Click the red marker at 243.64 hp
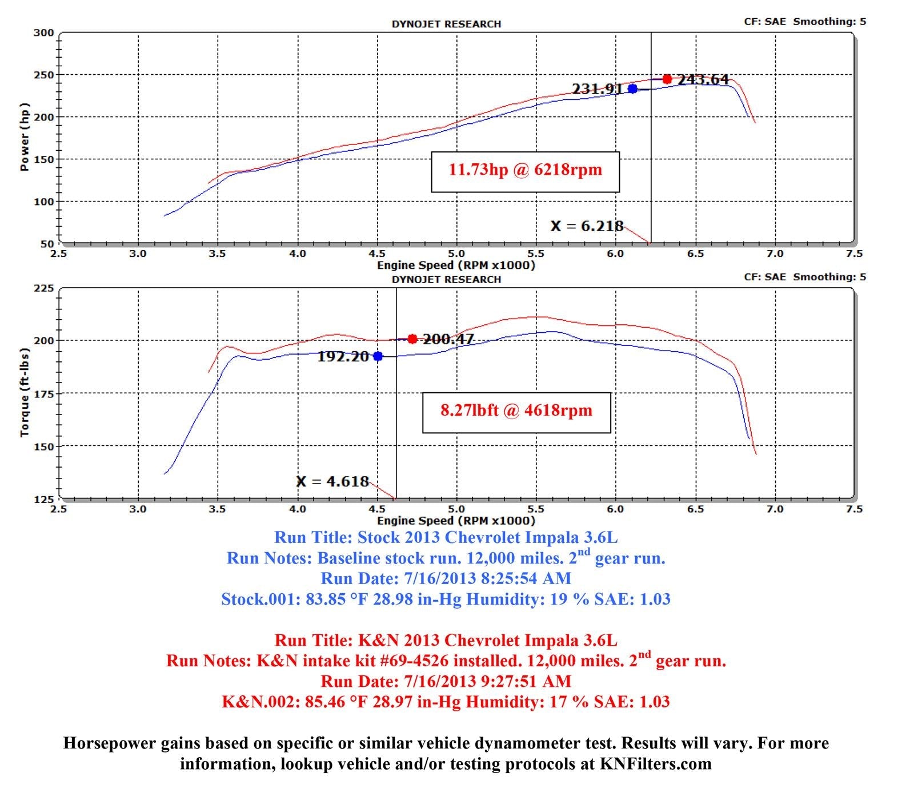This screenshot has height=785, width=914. [x=667, y=79]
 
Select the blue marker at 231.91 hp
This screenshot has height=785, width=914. [x=632, y=88]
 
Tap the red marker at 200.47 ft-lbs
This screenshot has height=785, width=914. [x=412, y=339]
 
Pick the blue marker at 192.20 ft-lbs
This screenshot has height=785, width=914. [x=378, y=356]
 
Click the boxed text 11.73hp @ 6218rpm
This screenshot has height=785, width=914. [x=525, y=170]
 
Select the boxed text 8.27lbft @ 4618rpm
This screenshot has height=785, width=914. [x=516, y=410]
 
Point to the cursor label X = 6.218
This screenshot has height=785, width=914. [x=587, y=226]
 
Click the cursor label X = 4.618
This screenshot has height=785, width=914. [x=332, y=481]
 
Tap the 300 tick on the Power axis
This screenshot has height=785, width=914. [x=43, y=33]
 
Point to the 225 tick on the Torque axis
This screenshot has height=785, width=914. [x=43, y=288]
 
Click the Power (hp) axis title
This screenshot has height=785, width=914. [x=24, y=137]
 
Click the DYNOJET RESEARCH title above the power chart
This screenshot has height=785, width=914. [x=446, y=24]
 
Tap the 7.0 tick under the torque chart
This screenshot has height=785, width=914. [x=775, y=509]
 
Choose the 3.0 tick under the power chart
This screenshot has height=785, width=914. [x=138, y=254]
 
